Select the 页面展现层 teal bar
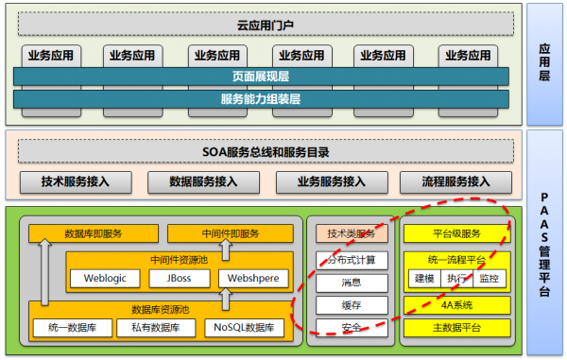[261, 77]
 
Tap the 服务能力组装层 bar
[261, 98]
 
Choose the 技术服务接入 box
[76, 182]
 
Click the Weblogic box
[105, 279]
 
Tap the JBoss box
[180, 279]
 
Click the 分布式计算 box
[352, 260]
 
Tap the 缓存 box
[352, 305]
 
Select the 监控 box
[490, 279]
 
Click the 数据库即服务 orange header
[91, 233]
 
